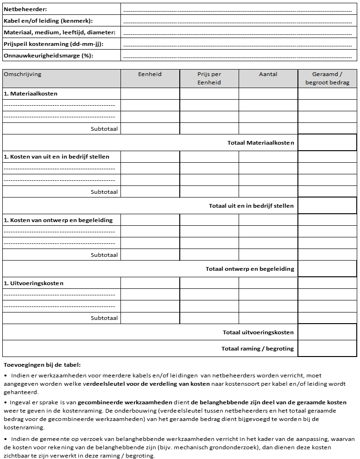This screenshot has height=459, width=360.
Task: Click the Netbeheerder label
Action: (25, 9)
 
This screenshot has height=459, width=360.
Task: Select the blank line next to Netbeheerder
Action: (238, 10)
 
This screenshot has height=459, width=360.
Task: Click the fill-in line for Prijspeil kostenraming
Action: (238, 45)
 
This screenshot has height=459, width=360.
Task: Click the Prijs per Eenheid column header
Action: (209, 78)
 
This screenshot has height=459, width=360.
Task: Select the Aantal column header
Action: (268, 74)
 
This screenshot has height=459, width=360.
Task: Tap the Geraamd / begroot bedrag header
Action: (327, 78)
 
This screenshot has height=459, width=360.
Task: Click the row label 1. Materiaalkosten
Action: (31, 94)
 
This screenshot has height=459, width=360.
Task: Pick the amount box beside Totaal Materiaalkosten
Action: (327, 143)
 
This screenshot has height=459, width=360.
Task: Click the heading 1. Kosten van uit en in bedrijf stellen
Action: (57, 157)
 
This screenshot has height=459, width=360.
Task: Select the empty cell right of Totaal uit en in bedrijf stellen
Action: (327, 206)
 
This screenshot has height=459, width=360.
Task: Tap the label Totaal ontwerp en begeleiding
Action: (250, 269)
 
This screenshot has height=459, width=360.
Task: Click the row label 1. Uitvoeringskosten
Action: (33, 283)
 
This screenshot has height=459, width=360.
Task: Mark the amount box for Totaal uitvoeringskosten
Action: (327, 332)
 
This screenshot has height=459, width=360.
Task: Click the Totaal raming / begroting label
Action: (258, 349)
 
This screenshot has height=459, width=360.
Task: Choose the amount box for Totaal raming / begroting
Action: (327, 349)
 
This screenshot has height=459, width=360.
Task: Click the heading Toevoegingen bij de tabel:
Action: (42, 365)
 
